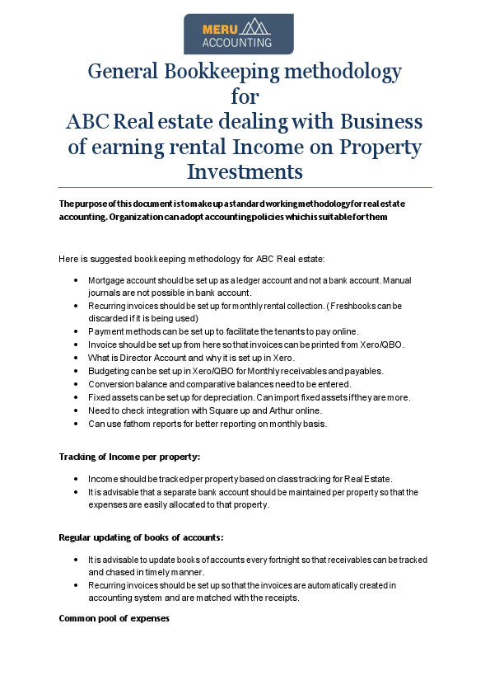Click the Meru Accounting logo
pyautogui.click(x=238, y=34)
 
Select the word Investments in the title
pyautogui.click(x=245, y=172)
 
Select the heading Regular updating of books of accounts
pyautogui.click(x=141, y=537)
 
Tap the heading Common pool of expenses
pyautogui.click(x=114, y=618)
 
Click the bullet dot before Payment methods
pyautogui.click(x=76, y=331)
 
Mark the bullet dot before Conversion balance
pyautogui.click(x=76, y=384)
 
